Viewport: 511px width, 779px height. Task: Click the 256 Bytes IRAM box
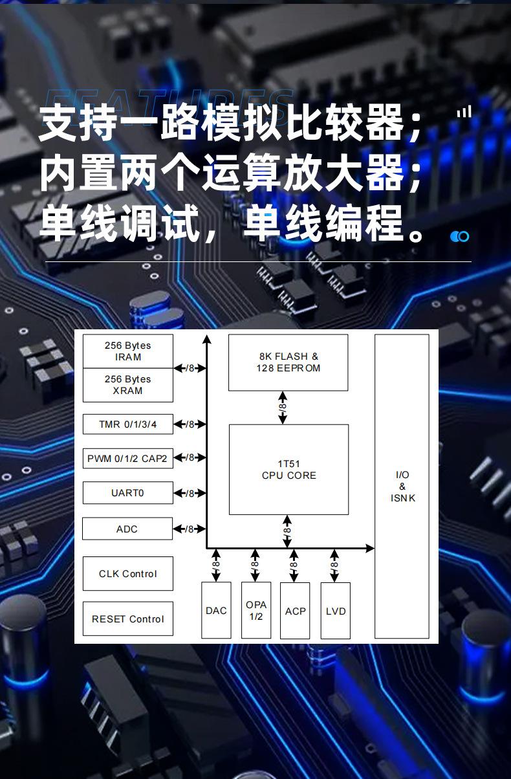pyautogui.click(x=127, y=351)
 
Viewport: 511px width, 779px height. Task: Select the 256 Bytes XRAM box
pyautogui.click(x=127, y=385)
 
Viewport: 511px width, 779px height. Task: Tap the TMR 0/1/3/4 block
pyautogui.click(x=127, y=424)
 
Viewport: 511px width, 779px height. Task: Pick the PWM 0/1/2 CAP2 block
pyautogui.click(x=127, y=459)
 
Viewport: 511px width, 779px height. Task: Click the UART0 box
pyautogui.click(x=127, y=493)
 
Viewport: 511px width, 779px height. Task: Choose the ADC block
pyautogui.click(x=127, y=529)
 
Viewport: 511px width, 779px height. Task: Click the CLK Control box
pyautogui.click(x=127, y=573)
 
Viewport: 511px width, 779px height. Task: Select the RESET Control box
pyautogui.click(x=127, y=619)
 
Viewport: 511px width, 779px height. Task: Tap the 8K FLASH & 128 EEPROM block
pyautogui.click(x=288, y=362)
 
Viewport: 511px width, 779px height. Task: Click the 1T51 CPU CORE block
pyautogui.click(x=288, y=470)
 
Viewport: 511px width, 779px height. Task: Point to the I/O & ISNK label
pyautogui.click(x=402, y=487)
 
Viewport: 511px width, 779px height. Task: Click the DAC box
pyautogui.click(x=216, y=610)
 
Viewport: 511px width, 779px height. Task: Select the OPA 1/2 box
pyautogui.click(x=256, y=610)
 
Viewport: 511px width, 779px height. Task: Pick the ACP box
pyautogui.click(x=295, y=610)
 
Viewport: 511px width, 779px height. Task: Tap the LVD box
pyautogui.click(x=336, y=610)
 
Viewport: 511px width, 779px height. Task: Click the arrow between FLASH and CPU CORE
pyautogui.click(x=283, y=408)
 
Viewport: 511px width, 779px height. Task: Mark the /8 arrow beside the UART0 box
pyautogui.click(x=190, y=493)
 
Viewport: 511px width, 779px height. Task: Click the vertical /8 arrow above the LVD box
pyautogui.click(x=334, y=565)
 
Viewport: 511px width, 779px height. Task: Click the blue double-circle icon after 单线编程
pyautogui.click(x=460, y=236)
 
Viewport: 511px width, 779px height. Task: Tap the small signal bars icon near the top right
pyautogui.click(x=464, y=113)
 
